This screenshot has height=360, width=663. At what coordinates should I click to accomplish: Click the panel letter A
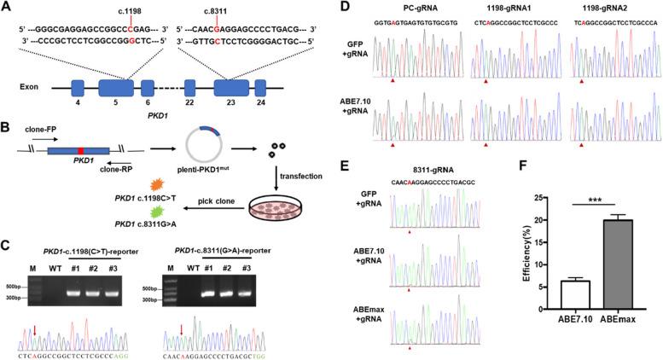point(6,7)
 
